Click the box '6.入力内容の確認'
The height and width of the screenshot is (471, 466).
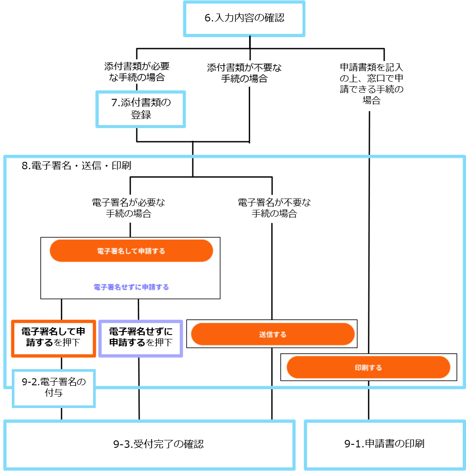[244, 19]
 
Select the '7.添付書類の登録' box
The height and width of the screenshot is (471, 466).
[140, 109]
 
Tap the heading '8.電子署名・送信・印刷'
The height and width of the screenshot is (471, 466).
[76, 165]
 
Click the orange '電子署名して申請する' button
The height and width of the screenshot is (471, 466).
[131, 251]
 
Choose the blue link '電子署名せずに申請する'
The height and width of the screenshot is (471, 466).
[131, 287]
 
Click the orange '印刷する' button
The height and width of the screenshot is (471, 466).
[369, 367]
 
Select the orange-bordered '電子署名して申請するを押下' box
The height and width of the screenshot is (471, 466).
[53, 338]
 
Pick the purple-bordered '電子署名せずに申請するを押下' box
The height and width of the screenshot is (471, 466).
[140, 338]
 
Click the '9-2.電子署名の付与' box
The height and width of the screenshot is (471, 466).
[54, 388]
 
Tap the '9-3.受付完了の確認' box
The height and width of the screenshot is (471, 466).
[150, 445]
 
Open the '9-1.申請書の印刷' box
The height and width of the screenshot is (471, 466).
[385, 445]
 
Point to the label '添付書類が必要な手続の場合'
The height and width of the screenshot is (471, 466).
[137, 72]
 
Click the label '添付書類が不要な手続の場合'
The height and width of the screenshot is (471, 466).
[244, 73]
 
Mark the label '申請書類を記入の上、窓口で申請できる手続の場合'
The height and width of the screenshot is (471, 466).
[372, 84]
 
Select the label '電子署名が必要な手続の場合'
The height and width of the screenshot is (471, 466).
[129, 208]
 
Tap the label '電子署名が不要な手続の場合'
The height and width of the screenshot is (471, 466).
[274, 208]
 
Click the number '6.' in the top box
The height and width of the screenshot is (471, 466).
[209, 18]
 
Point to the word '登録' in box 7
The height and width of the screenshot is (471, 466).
[141, 115]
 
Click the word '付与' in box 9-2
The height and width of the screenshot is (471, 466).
[54, 393]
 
